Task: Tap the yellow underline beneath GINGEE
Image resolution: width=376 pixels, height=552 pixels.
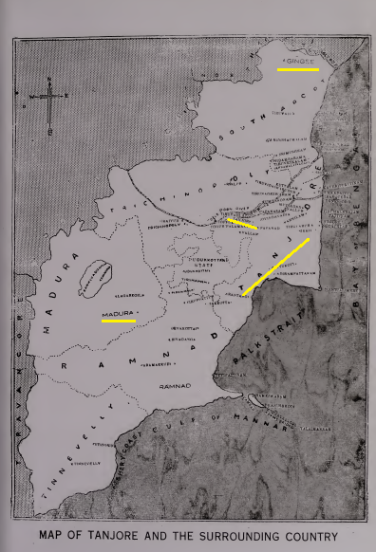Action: [297, 69]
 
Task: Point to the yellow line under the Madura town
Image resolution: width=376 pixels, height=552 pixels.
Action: [119, 321]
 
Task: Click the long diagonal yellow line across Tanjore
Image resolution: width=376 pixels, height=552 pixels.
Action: [276, 267]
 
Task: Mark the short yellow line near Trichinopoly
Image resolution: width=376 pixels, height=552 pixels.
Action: [241, 224]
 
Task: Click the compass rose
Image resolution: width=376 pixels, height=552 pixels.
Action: [49, 99]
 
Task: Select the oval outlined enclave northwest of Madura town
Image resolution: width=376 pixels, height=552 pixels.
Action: [96, 279]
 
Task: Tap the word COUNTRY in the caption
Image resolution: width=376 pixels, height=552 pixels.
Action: [304, 537]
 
